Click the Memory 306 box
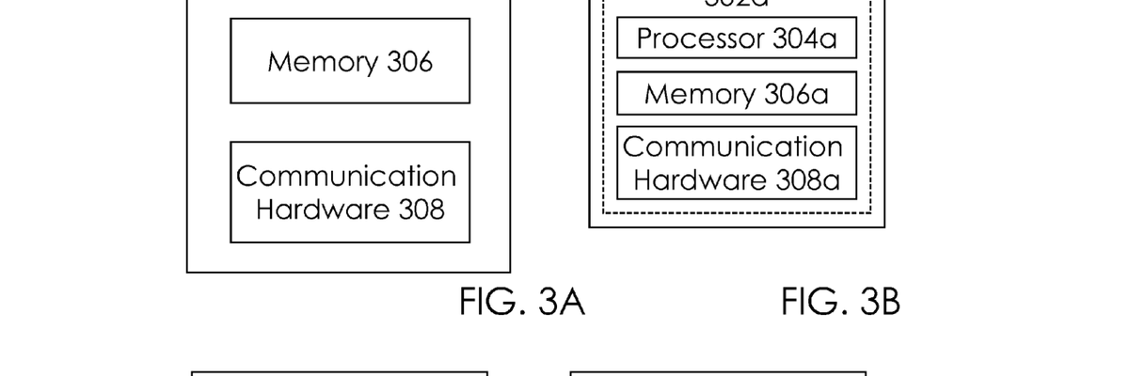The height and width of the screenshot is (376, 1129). pyautogui.click(x=350, y=61)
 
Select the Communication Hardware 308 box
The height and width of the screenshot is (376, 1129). pyautogui.click(x=350, y=192)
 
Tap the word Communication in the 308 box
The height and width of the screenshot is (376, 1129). pyautogui.click(x=346, y=176)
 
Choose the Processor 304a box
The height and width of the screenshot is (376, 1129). pyautogui.click(x=736, y=39)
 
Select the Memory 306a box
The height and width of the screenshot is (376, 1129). pyautogui.click(x=736, y=94)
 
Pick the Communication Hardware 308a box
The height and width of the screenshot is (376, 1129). pyautogui.click(x=736, y=163)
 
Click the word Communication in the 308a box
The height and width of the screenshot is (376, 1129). pyautogui.click(x=733, y=147)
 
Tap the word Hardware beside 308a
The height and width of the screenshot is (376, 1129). pyautogui.click(x=689, y=180)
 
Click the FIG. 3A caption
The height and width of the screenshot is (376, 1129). pyautogui.click(x=522, y=303)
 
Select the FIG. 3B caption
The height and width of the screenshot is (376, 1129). pyautogui.click(x=840, y=303)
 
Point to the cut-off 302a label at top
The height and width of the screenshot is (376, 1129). pyautogui.click(x=736, y=4)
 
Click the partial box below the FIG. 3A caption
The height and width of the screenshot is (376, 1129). pyautogui.click(x=340, y=372)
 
